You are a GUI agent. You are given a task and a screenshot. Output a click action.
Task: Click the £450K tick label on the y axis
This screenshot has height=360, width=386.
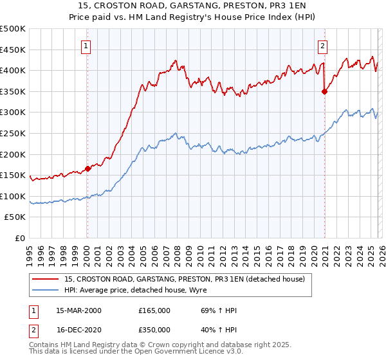[x=13, y=50]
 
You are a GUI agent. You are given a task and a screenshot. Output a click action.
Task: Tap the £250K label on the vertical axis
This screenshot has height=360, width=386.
[x=13, y=133]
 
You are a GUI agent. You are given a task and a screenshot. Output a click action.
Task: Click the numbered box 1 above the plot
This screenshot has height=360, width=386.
[x=86, y=46]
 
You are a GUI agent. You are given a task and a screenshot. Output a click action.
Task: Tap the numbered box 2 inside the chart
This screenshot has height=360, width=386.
[x=322, y=46]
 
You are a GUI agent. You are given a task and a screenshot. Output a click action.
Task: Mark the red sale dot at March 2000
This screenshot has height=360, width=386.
[x=88, y=169]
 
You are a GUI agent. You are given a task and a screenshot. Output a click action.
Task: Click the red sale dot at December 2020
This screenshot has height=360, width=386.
[x=324, y=91]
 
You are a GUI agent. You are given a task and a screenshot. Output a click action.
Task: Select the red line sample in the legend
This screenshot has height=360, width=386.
[x=46, y=279]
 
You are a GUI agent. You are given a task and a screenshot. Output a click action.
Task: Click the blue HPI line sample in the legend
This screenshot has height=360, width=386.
[x=46, y=290]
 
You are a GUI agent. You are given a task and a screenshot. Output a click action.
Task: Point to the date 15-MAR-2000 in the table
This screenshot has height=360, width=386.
[x=78, y=310]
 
